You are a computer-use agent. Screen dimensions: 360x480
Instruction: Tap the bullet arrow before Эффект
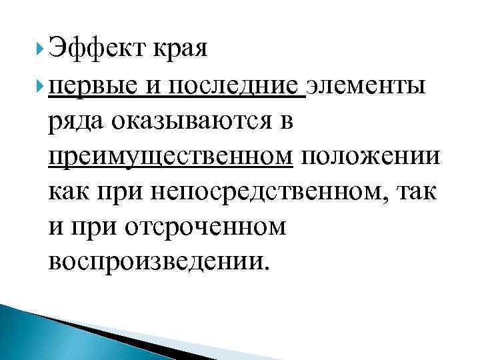tap(43, 47)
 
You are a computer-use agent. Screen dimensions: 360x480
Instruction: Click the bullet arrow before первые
tap(43, 85)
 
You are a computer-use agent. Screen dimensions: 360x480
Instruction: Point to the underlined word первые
tap(97, 85)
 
